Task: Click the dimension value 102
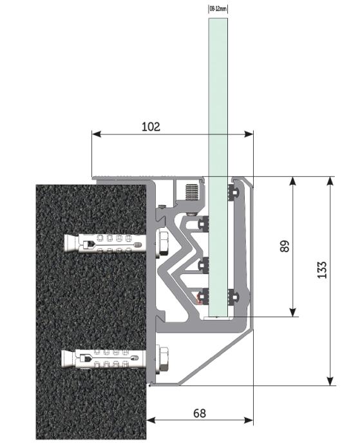tap(151, 127)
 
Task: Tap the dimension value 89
tap(285, 246)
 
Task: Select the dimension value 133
tap(322, 270)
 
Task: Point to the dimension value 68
tap(200, 413)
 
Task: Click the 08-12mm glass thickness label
tap(218, 9)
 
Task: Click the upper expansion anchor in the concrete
tap(104, 243)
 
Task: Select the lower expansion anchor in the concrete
tap(104, 359)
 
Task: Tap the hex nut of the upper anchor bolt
tap(162, 243)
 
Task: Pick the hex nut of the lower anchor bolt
tap(164, 359)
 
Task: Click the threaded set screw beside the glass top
tap(191, 192)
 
